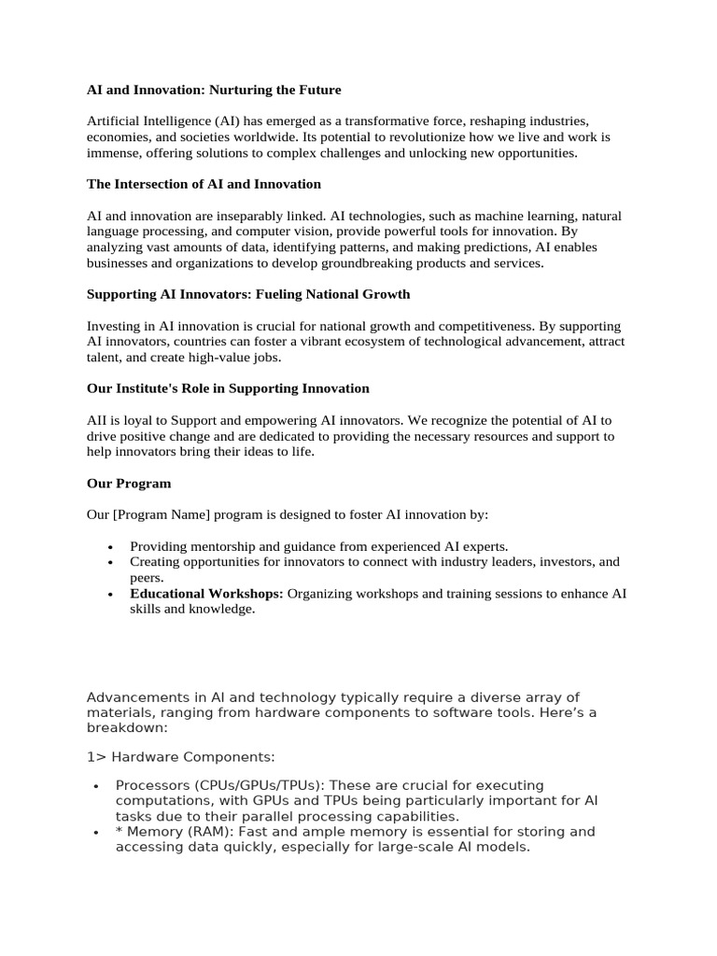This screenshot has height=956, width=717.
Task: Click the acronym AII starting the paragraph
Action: tap(97, 420)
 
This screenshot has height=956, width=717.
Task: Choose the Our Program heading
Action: tap(129, 484)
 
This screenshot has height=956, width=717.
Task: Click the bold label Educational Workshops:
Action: tap(206, 594)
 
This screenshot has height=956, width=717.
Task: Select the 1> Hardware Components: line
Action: tap(180, 756)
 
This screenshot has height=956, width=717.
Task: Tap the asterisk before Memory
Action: tap(119, 832)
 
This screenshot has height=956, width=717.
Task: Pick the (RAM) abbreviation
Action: tap(201, 832)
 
